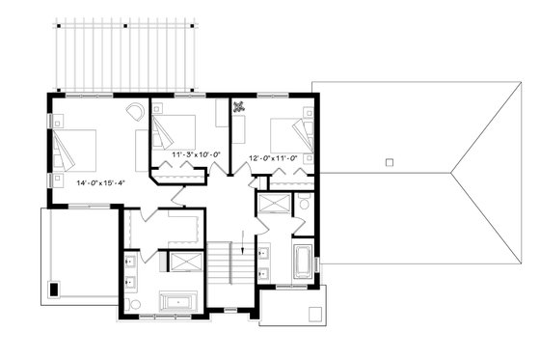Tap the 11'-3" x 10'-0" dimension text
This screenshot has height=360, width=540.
tap(197, 154)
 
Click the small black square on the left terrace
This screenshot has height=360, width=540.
tap(54, 288)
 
